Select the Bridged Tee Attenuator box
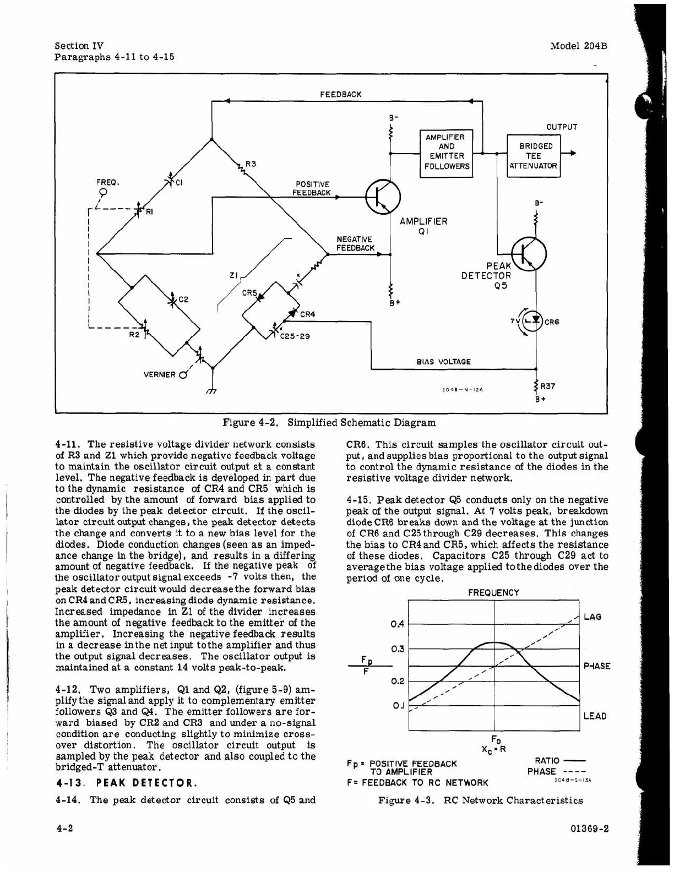coord(533,156)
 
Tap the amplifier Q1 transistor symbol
coord(383,197)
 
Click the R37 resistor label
coord(548,386)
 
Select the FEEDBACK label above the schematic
coord(341,94)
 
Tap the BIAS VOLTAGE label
coord(443,362)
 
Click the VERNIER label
coord(159,375)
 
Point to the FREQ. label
coord(108,182)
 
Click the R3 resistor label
coord(251,163)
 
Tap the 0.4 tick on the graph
coord(397,624)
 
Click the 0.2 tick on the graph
coord(397,682)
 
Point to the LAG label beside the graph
coord(592,617)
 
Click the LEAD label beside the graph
coord(594,716)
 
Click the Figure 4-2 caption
coord(329,423)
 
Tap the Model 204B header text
coord(578,46)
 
